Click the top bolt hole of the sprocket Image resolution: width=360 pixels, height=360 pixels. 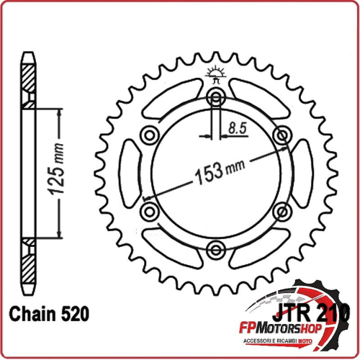point(215,98)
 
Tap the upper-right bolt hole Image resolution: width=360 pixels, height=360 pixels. point(280,135)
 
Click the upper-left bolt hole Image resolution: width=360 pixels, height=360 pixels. point(150,135)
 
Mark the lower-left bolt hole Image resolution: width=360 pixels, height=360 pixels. point(150,211)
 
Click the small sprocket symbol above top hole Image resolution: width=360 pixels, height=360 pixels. point(215,73)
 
